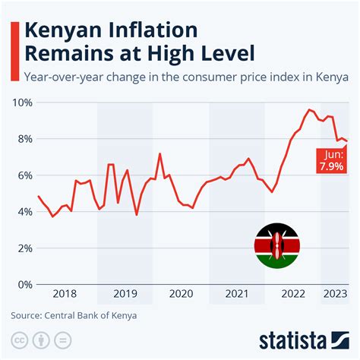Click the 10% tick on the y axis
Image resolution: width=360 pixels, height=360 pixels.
pyautogui.click(x=22, y=103)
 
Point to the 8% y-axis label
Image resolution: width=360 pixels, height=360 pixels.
pyautogui.click(x=25, y=139)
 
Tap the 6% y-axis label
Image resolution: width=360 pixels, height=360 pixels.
pyautogui.click(x=25, y=175)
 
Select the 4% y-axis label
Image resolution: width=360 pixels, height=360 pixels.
pyautogui.click(x=25, y=212)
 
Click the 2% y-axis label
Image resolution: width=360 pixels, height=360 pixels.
pyautogui.click(x=25, y=248)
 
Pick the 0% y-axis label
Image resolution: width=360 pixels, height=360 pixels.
pyautogui.click(x=25, y=285)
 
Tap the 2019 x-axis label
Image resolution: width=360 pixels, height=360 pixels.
pyautogui.click(x=125, y=294)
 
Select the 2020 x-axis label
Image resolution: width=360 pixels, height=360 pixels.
pyautogui.click(x=180, y=294)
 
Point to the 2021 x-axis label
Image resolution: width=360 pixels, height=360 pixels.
pyautogui.click(x=236, y=294)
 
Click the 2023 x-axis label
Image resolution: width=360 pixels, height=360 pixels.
pyautogui.click(x=334, y=294)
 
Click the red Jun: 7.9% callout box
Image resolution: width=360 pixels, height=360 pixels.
pyautogui.click(x=333, y=159)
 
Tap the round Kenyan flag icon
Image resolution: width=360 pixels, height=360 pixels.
pyautogui.click(x=276, y=245)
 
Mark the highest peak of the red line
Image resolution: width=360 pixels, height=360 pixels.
pyautogui.click(x=309, y=110)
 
